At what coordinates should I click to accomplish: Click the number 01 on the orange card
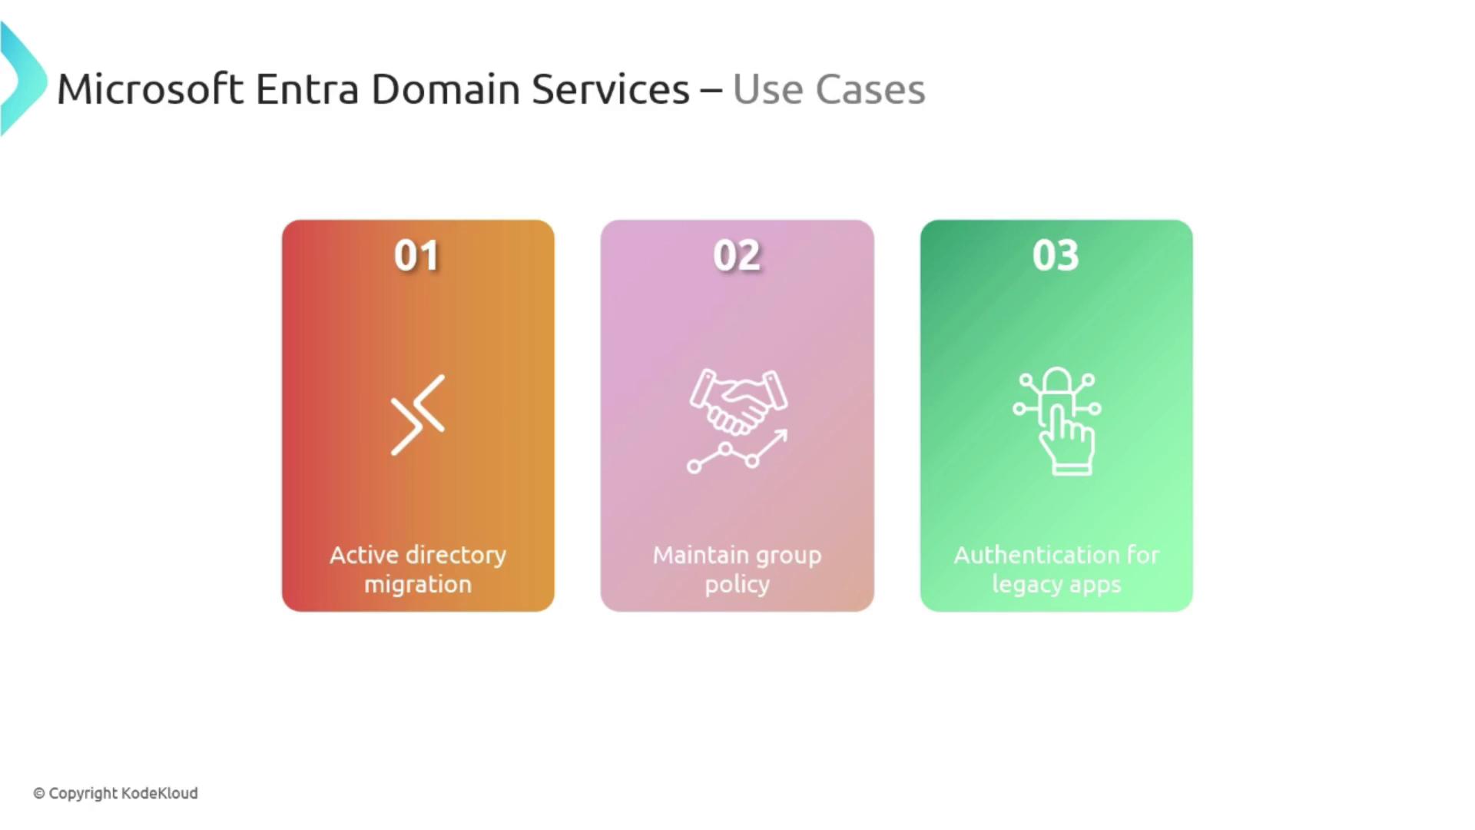point(416,255)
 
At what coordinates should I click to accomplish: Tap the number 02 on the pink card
point(737,255)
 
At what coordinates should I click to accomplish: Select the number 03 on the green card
point(1056,255)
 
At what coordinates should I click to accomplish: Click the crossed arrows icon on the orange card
point(418,415)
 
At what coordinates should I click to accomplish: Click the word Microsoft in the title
point(151,89)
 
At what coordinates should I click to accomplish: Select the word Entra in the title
point(307,89)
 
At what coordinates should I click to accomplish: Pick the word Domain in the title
point(446,89)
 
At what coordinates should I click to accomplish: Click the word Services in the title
point(610,89)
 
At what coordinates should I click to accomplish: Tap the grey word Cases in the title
point(870,89)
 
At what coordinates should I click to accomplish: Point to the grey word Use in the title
point(768,89)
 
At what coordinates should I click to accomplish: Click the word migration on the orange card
point(418,585)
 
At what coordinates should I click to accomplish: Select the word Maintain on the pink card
point(701,555)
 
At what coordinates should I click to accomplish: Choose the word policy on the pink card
point(737,585)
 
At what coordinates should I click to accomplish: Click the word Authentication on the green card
point(1036,555)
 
